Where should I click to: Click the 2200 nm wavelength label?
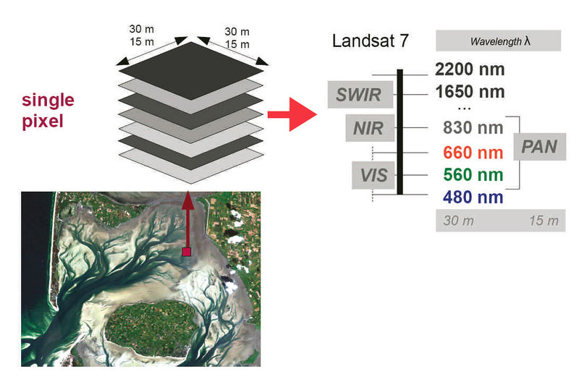pyautogui.click(x=470, y=71)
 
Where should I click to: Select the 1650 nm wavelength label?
pyautogui.click(x=470, y=93)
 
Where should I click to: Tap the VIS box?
pyautogui.click(x=373, y=174)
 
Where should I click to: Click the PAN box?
pyautogui.click(x=539, y=147)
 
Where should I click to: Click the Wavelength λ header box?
pyautogui.click(x=499, y=41)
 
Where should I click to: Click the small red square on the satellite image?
pyautogui.click(x=187, y=252)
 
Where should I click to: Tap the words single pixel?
pyautogui.click(x=47, y=110)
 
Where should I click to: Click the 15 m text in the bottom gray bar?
pyautogui.click(x=544, y=221)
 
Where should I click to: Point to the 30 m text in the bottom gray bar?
pyautogui.click(x=459, y=221)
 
